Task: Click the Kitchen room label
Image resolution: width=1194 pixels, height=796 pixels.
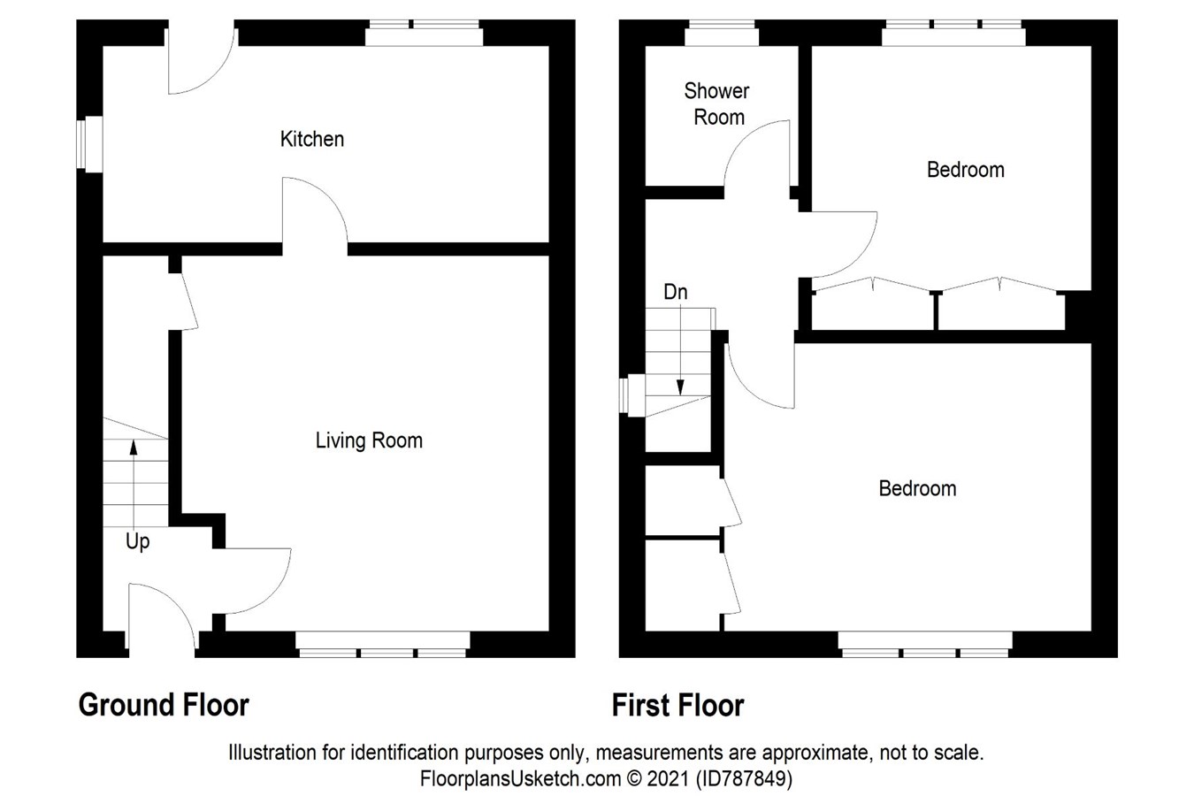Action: point(311,139)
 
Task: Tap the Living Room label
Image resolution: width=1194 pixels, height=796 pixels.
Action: point(369,440)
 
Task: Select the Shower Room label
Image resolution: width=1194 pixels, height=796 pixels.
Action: point(717,103)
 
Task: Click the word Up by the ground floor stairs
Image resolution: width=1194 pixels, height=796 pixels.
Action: point(137,541)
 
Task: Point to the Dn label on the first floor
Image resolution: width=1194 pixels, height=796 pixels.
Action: point(675,292)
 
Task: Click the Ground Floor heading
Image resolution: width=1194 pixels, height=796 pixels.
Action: point(164,705)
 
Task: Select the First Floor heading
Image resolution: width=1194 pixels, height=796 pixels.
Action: point(677,705)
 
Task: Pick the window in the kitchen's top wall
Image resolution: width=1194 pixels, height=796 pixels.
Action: point(425,34)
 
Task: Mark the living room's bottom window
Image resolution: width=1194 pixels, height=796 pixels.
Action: point(383,645)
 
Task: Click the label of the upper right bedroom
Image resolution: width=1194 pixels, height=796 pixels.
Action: point(965,169)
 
